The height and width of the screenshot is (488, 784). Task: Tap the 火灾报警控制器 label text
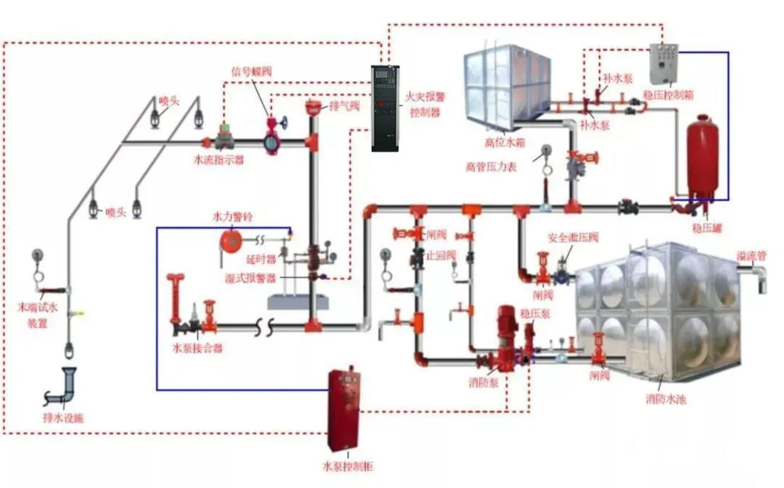[x=425, y=104]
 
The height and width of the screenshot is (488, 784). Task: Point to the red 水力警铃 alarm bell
[x=230, y=238]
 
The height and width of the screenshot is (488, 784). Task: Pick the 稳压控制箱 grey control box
[x=664, y=63]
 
